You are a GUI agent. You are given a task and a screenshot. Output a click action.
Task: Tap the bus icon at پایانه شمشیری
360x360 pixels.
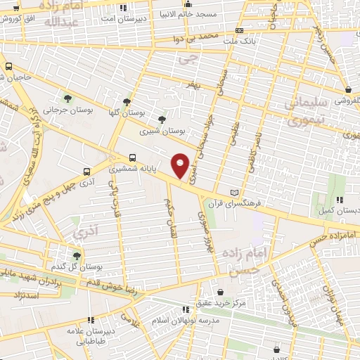132,158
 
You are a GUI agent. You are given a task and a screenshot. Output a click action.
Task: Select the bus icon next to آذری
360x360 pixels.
86,171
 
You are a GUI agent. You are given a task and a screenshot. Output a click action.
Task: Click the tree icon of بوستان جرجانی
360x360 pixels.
67,98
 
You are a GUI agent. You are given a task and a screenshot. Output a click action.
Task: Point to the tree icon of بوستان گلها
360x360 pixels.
127,101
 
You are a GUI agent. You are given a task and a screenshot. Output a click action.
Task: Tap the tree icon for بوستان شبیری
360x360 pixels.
162,120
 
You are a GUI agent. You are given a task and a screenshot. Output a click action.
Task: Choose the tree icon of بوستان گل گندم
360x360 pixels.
76,256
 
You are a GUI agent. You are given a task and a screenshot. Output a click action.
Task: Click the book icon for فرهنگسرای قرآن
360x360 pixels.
235,193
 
